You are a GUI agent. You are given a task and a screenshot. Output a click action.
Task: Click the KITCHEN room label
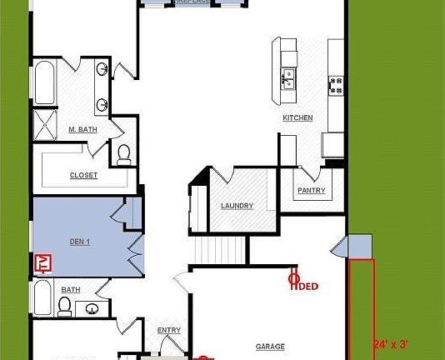point(297,118)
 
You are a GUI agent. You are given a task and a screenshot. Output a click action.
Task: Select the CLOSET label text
point(83,175)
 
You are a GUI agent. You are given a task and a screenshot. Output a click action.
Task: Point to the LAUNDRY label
point(237,206)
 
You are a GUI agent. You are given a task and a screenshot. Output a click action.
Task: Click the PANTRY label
point(311,191)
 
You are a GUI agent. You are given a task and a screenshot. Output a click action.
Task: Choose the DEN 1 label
point(78,242)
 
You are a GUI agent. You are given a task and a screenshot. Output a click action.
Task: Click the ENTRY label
point(169,331)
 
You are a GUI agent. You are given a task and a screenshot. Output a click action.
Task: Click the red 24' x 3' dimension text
point(390,342)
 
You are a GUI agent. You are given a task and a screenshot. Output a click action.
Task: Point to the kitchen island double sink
point(289,79)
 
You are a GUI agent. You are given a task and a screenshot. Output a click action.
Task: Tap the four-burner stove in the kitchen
point(337,82)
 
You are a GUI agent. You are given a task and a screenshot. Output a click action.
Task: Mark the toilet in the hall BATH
point(63,305)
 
